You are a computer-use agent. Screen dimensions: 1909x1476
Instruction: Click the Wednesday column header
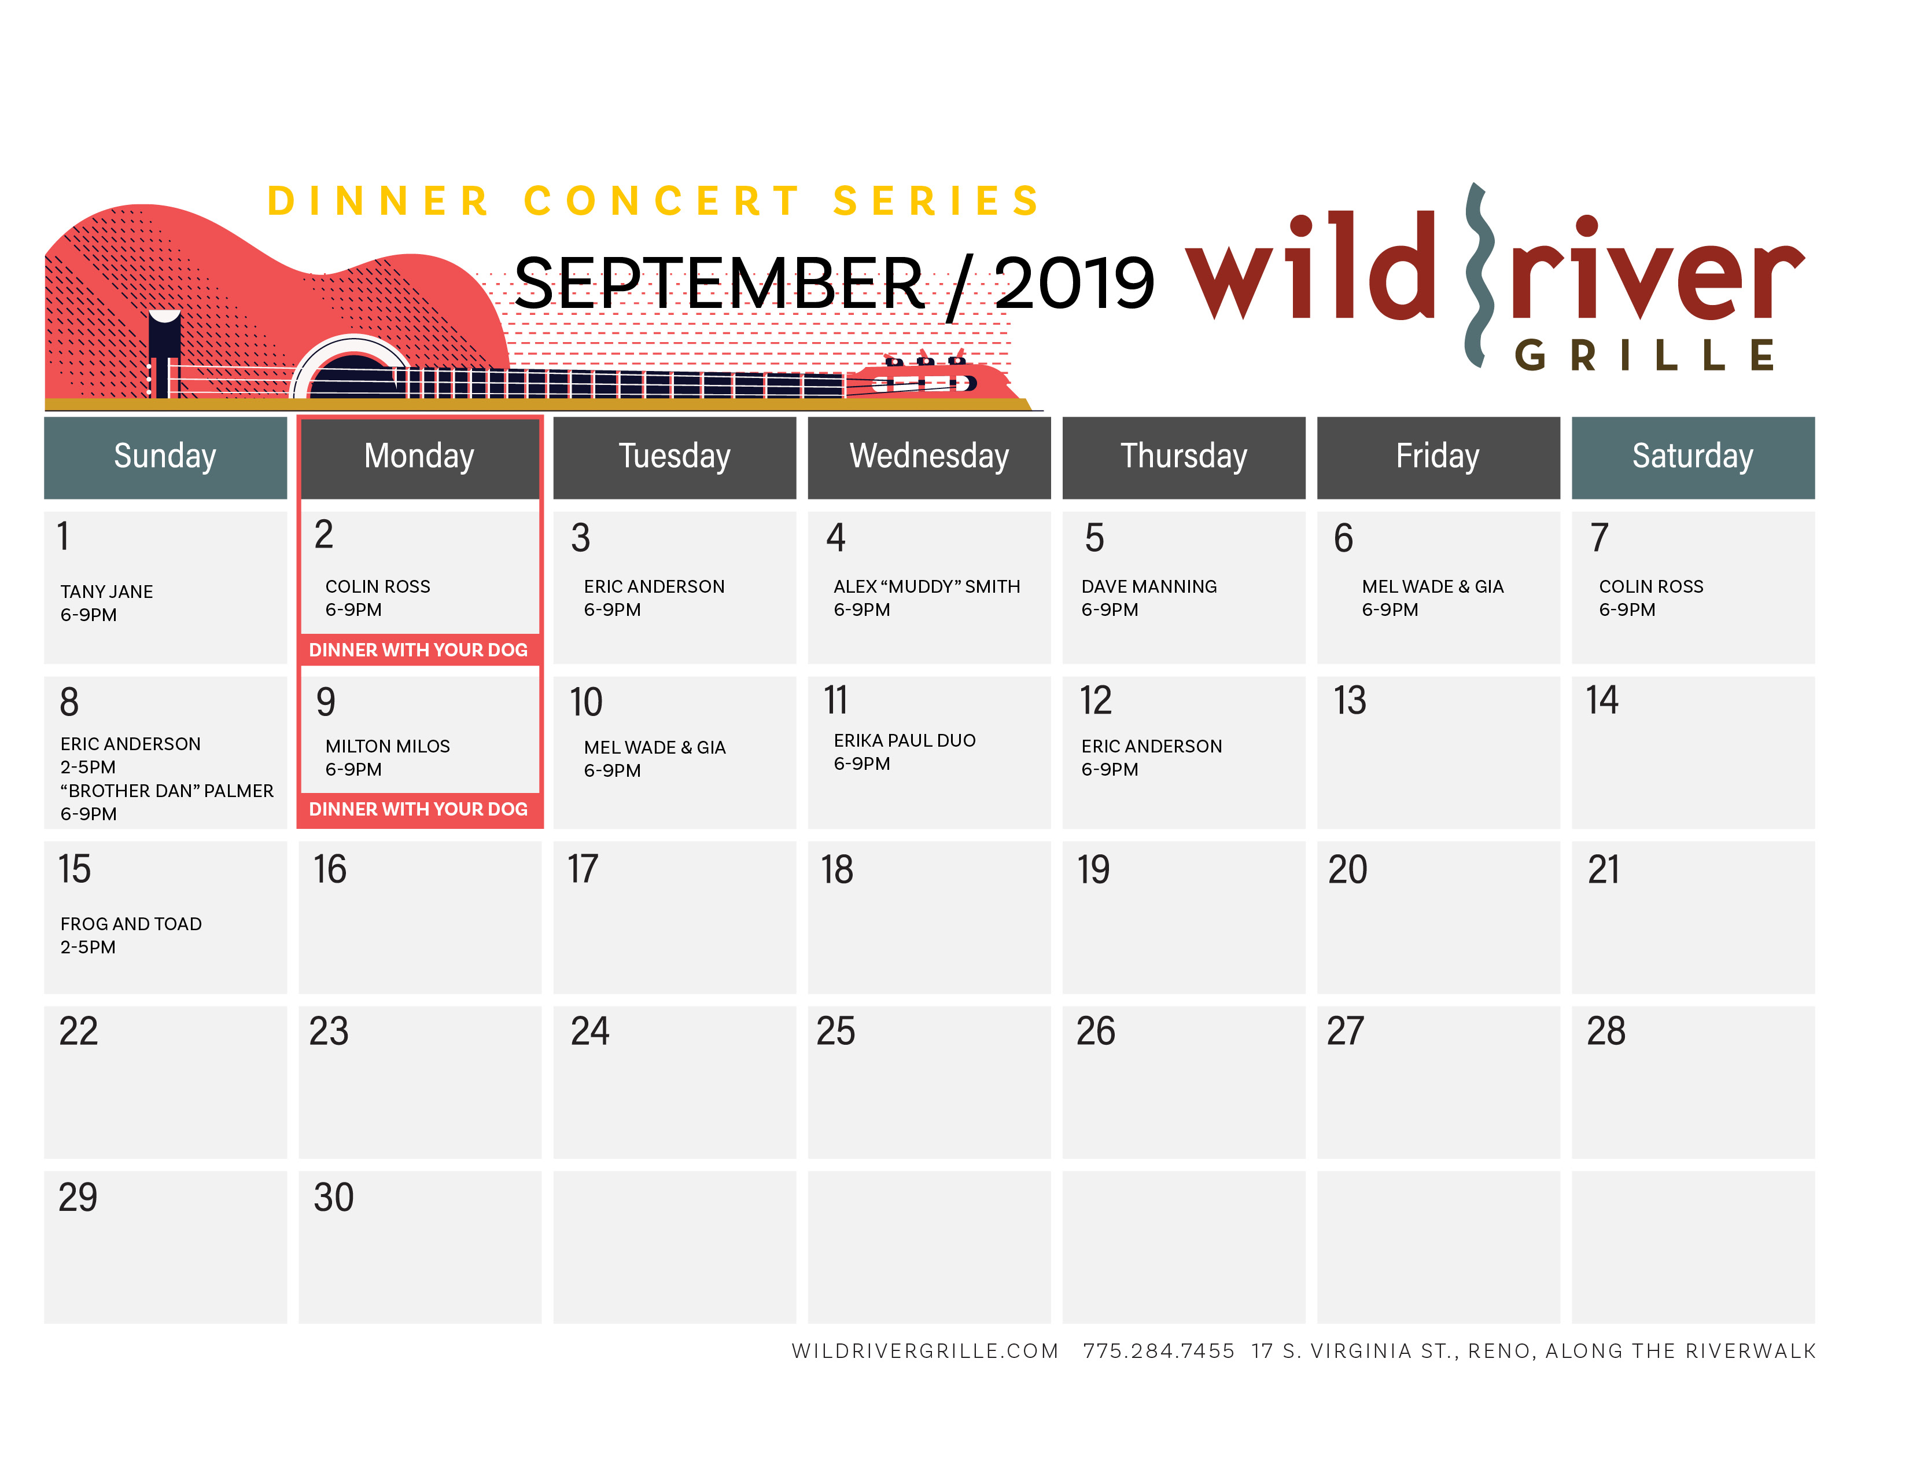929,457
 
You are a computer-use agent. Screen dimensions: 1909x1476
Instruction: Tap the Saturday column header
1693,457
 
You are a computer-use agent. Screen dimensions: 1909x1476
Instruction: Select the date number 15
74,869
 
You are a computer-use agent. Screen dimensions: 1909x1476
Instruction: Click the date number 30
333,1197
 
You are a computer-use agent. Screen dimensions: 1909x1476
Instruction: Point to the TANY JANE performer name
106,592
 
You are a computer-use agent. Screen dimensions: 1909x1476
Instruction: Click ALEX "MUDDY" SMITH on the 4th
927,587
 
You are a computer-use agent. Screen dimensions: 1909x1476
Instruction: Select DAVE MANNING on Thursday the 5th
1148,587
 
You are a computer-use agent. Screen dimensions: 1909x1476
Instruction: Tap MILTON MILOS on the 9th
387,746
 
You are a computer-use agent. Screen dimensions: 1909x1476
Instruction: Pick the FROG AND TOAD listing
131,924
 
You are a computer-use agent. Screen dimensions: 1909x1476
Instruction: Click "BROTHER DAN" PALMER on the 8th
167,791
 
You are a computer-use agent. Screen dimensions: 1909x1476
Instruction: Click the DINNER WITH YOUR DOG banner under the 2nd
419,649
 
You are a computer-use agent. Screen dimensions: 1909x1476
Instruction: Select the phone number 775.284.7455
1158,1351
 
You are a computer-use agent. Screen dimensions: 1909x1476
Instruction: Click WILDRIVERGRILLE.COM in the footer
925,1351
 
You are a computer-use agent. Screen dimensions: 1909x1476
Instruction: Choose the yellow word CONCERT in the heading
662,201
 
